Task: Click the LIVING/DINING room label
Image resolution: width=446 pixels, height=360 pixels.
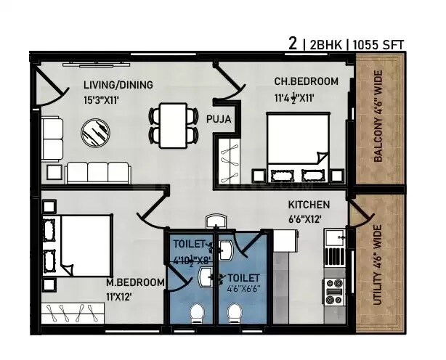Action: coord(118,85)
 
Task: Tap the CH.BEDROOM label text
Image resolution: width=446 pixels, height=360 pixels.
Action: coord(305,81)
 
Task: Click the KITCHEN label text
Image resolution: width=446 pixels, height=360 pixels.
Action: coord(309,205)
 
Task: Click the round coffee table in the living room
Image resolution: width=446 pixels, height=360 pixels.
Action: coord(94,133)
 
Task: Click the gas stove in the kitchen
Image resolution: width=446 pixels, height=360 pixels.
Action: coord(334,290)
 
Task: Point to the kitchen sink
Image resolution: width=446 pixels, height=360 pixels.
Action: coord(334,237)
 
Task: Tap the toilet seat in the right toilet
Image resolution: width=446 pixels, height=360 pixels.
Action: coord(235,314)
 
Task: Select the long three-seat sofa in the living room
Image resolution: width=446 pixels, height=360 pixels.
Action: coord(98,173)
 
